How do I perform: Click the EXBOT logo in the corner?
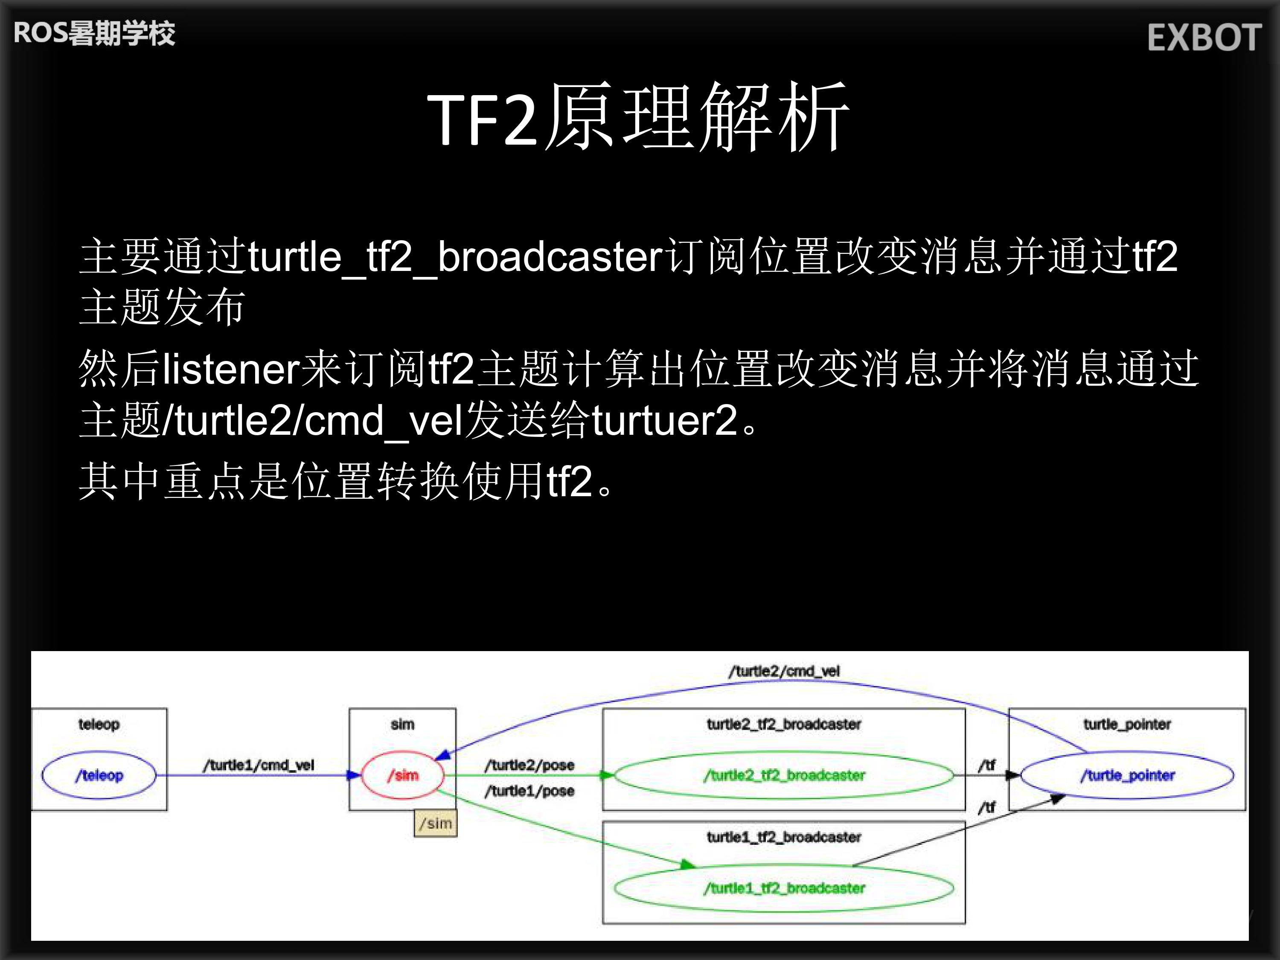[1204, 38]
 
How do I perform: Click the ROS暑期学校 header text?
[94, 33]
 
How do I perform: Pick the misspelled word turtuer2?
[664, 421]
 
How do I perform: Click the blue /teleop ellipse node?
[99, 775]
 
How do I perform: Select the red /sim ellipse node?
[403, 775]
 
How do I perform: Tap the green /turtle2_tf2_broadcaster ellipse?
[784, 775]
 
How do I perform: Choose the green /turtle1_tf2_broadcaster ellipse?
[784, 887]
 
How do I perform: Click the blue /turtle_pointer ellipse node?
[1127, 775]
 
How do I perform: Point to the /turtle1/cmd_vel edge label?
[258, 765]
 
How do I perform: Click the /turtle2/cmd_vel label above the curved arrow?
[784, 671]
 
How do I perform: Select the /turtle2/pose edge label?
[529, 765]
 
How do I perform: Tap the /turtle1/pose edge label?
[529, 791]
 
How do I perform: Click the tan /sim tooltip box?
[435, 823]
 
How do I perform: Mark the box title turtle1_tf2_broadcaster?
[784, 837]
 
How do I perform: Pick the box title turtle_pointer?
[1127, 724]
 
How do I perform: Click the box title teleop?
[99, 724]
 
